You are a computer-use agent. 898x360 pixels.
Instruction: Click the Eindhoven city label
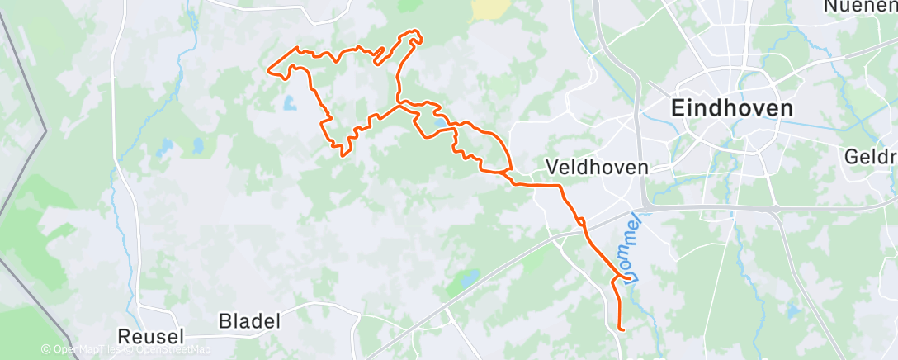731,108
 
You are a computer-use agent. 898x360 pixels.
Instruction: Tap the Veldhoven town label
597,167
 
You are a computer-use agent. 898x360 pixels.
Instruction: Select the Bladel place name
250,320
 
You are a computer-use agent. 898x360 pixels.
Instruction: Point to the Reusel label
152,336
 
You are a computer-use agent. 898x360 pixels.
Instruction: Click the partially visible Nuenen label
860,7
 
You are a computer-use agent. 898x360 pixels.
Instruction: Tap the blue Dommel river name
631,255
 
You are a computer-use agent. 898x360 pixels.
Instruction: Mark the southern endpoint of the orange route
619,330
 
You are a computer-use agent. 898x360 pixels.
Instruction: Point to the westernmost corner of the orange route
268,69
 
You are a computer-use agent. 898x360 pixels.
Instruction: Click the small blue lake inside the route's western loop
288,103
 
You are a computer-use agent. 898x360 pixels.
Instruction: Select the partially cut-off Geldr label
871,157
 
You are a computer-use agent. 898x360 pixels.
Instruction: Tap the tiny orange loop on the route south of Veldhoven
581,220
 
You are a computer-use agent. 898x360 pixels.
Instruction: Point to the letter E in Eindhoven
678,108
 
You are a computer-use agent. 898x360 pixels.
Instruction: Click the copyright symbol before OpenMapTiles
46,349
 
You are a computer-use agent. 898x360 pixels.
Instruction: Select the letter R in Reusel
125,336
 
